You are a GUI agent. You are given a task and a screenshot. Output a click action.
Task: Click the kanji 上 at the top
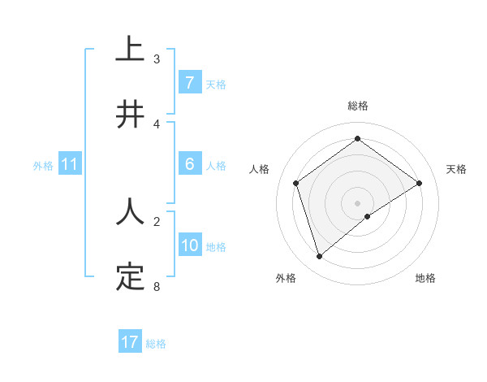point(130,48)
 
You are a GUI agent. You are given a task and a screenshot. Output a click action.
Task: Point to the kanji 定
point(130,276)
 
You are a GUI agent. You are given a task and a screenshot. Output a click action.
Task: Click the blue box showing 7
point(189,83)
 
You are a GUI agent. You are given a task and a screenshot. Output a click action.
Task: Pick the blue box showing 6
point(189,164)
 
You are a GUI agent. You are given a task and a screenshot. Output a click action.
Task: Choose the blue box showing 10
point(190,245)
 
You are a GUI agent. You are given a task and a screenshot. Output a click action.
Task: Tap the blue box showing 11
point(70,164)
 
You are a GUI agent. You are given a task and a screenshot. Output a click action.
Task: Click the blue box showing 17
point(130,342)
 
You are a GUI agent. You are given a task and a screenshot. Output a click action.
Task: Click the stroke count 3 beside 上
point(157,59)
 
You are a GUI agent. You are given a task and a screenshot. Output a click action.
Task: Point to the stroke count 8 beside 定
point(157,287)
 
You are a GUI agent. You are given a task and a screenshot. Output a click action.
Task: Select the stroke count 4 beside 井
point(157,124)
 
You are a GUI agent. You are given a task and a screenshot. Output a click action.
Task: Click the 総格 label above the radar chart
point(358,106)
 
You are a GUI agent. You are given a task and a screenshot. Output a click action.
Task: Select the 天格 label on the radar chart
point(456,169)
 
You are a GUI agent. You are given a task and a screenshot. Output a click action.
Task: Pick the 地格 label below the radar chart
point(425,279)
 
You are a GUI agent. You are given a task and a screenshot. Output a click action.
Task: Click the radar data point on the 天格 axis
point(419,183)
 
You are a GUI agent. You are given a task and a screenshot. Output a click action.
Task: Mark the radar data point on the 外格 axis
point(320,257)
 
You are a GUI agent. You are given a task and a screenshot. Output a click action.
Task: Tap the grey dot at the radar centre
point(358,202)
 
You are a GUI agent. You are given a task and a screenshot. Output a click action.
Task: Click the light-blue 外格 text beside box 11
point(43,165)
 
